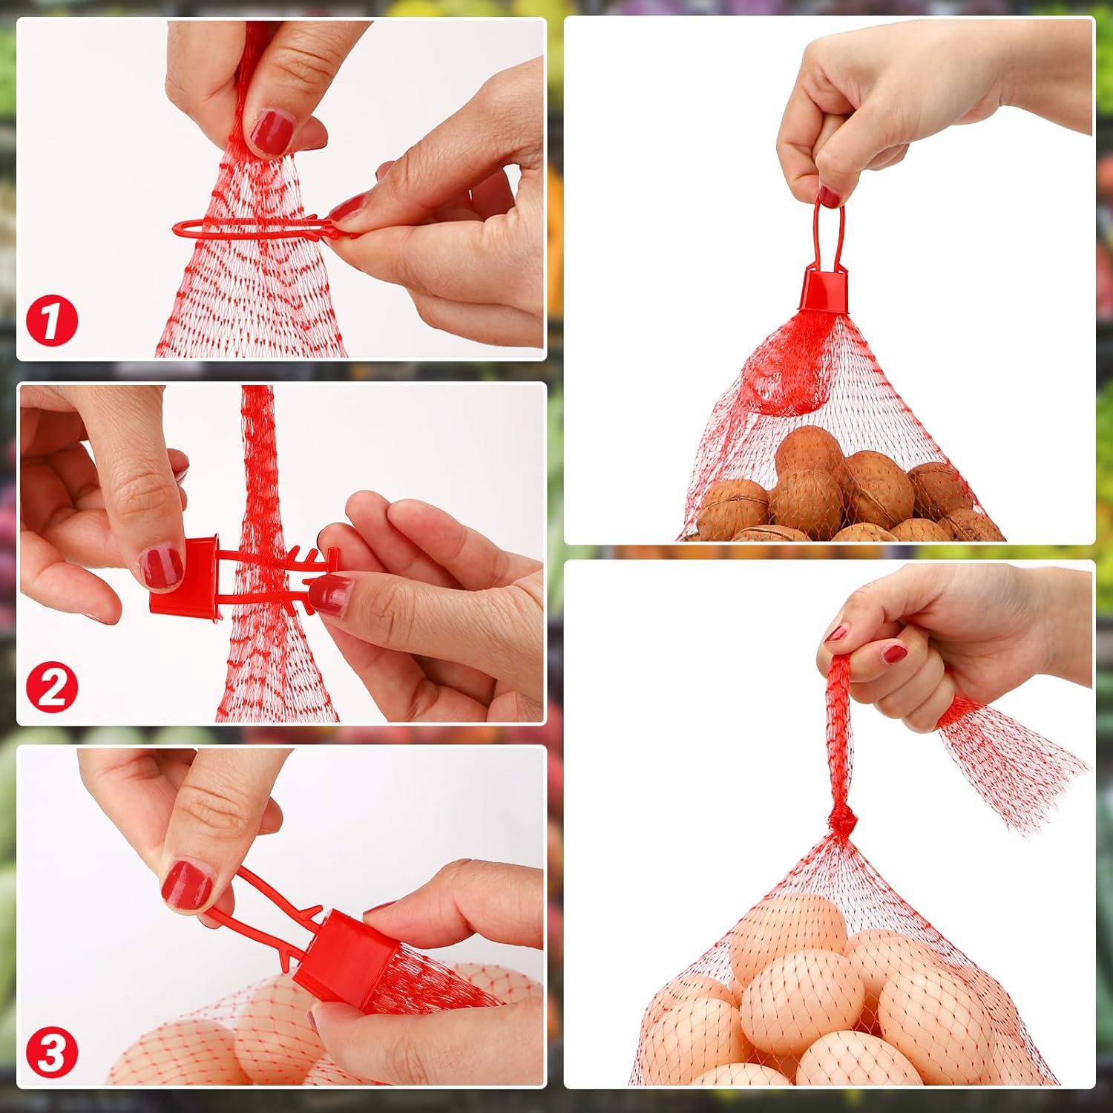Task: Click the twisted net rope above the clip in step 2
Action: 257,460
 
